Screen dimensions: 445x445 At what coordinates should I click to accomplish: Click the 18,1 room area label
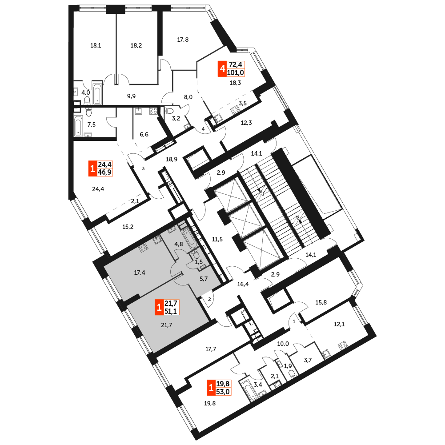point(96,45)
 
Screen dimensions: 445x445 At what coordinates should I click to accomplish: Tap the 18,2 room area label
point(136,45)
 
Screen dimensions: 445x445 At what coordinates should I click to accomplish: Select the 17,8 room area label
point(183,40)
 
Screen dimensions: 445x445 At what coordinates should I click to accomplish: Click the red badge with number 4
point(222,68)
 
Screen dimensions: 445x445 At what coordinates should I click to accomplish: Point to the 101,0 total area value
point(236,72)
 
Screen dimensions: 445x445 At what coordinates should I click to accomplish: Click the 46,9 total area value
point(105,172)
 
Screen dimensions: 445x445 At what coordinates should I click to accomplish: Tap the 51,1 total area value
point(171,311)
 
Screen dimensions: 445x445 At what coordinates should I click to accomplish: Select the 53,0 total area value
point(223,392)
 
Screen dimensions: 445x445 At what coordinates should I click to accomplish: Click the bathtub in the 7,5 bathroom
point(78,125)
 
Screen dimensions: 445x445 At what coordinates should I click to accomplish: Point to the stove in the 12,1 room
point(343,346)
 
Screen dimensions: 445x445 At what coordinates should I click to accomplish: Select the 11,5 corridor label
point(217,239)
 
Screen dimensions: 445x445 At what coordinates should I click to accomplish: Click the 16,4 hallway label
point(243,284)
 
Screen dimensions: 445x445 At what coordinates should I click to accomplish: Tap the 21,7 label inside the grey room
point(167,325)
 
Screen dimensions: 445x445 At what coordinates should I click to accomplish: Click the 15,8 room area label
point(321,303)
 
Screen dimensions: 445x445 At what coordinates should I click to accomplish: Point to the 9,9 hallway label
point(131,96)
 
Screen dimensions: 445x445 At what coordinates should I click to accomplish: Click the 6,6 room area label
point(144,135)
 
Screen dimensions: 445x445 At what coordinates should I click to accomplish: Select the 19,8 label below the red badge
point(210,403)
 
